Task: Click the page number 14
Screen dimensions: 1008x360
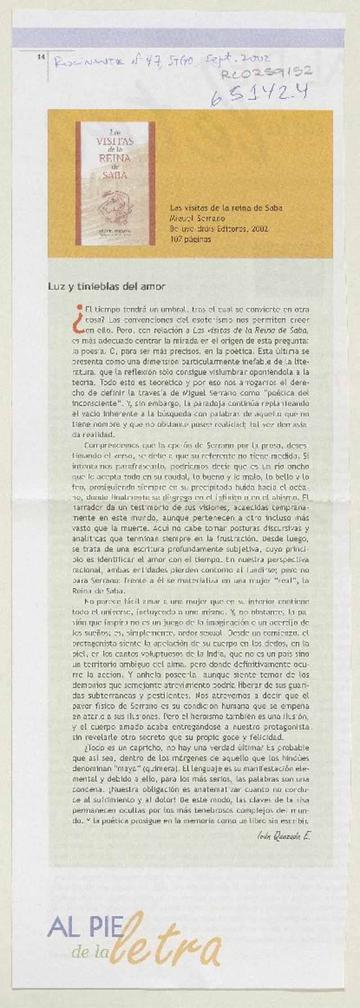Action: pos(40,57)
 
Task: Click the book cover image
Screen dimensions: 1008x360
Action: pos(115,183)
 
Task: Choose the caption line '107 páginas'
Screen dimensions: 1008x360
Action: pos(190,239)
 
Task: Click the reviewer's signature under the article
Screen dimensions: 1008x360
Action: pos(283,836)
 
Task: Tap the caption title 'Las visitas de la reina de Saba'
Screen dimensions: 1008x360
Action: pos(226,208)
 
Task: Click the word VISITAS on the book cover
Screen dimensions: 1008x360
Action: pos(115,141)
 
